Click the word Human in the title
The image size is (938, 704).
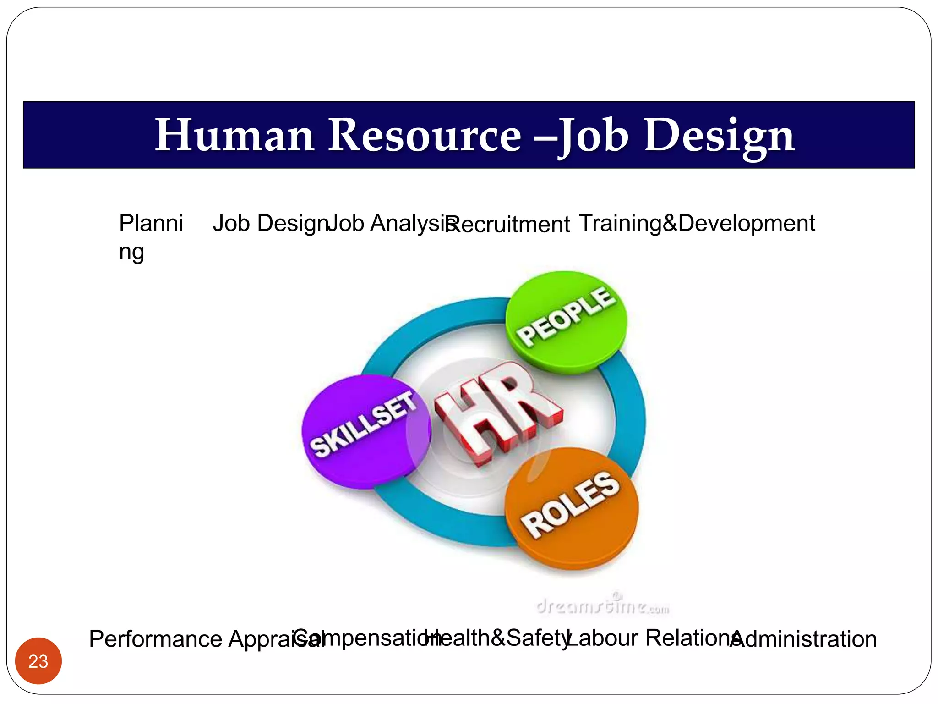234,135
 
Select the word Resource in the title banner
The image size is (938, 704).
425,135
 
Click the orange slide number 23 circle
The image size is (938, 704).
38,661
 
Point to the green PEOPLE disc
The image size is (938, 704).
566,321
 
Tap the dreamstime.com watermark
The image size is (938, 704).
602,606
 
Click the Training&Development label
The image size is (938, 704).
697,224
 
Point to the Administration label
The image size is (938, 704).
804,639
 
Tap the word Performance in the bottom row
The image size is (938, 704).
156,639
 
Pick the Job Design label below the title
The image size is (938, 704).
270,224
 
